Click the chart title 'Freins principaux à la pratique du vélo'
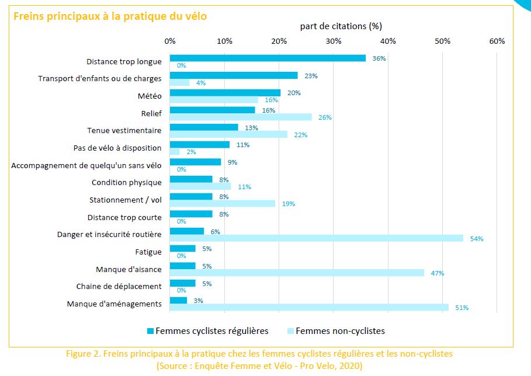(x=110, y=16)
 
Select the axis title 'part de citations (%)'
(x=341, y=26)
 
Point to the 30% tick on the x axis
(x=334, y=41)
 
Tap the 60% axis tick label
(x=497, y=41)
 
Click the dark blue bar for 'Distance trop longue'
(x=268, y=58)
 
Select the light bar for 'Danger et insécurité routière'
(x=316, y=238)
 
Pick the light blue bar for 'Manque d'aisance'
(x=297, y=273)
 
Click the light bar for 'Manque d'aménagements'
(x=309, y=307)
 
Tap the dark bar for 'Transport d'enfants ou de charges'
(x=234, y=75)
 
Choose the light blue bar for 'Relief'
(x=241, y=117)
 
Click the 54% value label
(x=477, y=239)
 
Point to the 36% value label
(x=379, y=58)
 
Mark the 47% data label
(x=438, y=273)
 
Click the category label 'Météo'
(x=150, y=96)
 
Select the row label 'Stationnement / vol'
(x=125, y=200)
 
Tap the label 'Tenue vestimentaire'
(x=124, y=130)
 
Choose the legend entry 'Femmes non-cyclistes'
(x=340, y=331)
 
